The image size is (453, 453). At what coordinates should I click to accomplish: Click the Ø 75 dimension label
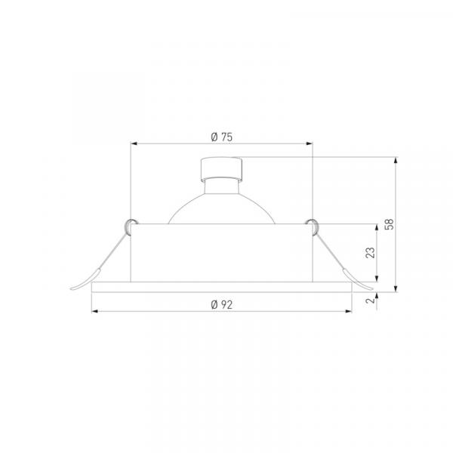[x=221, y=137]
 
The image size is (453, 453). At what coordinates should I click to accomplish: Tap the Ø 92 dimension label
[x=221, y=304]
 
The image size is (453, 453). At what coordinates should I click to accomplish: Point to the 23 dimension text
[x=370, y=252]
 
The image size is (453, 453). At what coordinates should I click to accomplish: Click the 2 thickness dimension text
[x=370, y=300]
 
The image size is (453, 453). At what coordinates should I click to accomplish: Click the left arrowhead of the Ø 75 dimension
[x=134, y=143]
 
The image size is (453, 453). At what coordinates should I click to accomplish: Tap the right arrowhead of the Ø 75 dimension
[x=310, y=143]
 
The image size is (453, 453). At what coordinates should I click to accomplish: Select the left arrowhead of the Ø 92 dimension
[x=95, y=311]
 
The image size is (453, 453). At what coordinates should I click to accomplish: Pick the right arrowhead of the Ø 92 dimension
[x=348, y=311]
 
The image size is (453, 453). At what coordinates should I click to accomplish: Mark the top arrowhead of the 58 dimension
[x=396, y=161]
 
